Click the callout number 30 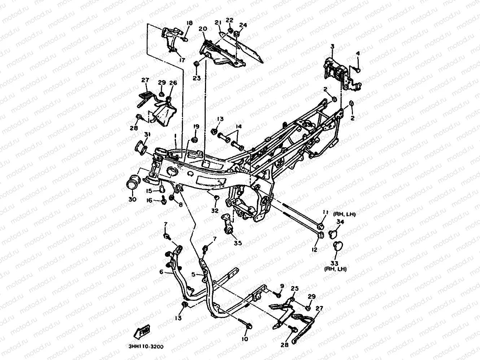(132, 199)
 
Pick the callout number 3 (332, 46)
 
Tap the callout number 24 (243, 25)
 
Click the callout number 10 (245, 339)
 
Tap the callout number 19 (196, 127)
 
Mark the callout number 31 (147, 135)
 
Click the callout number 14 (239, 127)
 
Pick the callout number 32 (215, 210)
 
